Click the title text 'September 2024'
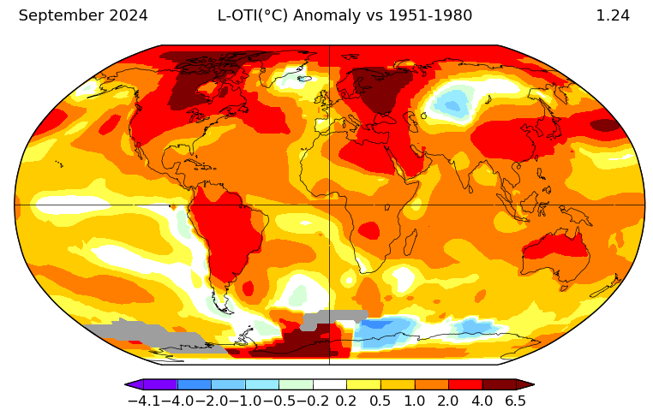pos(83,15)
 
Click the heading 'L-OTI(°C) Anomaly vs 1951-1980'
pos(344,15)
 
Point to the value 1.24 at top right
pos(613,15)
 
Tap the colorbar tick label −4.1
pos(143,401)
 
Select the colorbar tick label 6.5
pos(515,401)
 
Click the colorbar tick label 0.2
pos(345,401)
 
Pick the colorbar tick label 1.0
pos(414,401)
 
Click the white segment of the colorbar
pos(330,384)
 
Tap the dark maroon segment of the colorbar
pos(499,384)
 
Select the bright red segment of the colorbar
pos(465,384)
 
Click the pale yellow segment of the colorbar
pos(363,384)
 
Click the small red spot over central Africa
pos(368,229)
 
